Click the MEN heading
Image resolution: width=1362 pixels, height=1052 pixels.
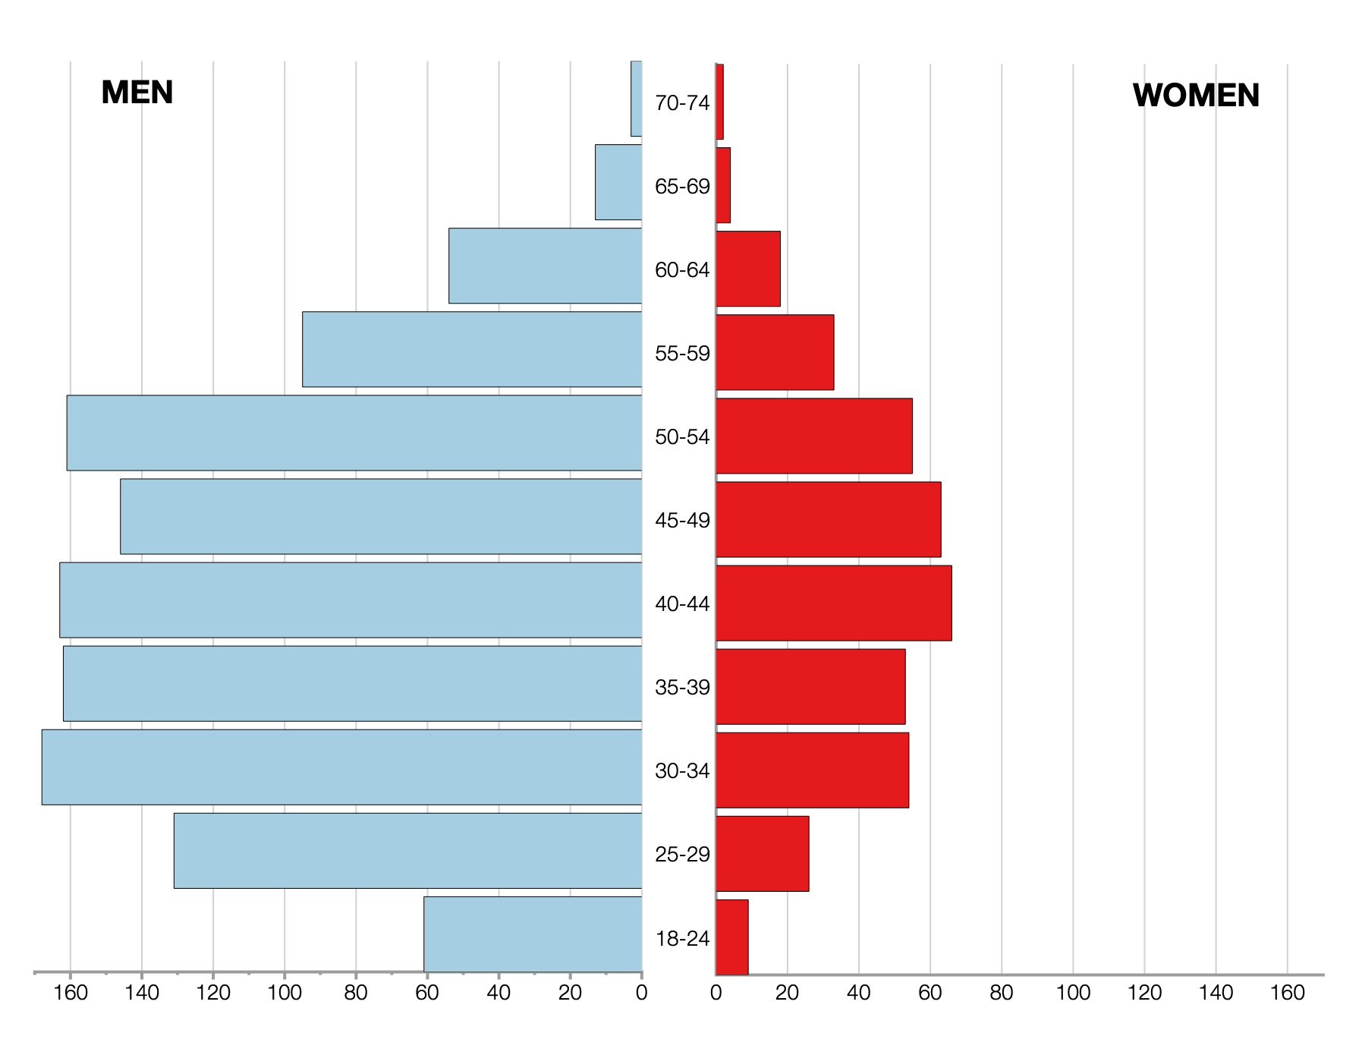(137, 93)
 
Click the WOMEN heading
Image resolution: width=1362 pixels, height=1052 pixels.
(1196, 96)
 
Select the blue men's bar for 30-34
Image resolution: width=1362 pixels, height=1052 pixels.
(341, 767)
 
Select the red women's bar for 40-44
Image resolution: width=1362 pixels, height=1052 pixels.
(833, 603)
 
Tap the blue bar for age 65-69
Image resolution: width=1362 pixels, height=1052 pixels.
(618, 182)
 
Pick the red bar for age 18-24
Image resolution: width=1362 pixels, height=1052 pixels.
(732, 937)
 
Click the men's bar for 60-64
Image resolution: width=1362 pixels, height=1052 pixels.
(545, 266)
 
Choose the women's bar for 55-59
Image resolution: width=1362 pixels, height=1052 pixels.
(775, 352)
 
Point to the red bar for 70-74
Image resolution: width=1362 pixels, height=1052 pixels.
(719, 102)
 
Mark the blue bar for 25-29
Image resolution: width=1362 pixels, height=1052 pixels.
(407, 850)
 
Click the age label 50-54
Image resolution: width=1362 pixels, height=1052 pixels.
(682, 437)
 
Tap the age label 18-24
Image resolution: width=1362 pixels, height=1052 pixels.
(682, 939)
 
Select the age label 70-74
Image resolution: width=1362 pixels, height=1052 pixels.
(682, 102)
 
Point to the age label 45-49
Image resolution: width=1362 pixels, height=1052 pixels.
(682, 521)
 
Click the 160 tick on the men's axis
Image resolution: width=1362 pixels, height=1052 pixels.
(71, 993)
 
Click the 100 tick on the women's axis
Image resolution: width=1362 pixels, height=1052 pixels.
(1073, 993)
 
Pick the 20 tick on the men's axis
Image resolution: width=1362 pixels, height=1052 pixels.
(570, 993)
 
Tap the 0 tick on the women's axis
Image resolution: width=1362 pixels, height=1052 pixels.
(716, 993)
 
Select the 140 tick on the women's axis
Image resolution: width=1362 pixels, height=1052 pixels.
(1216, 993)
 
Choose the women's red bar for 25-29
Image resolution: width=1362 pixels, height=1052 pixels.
(762, 853)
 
